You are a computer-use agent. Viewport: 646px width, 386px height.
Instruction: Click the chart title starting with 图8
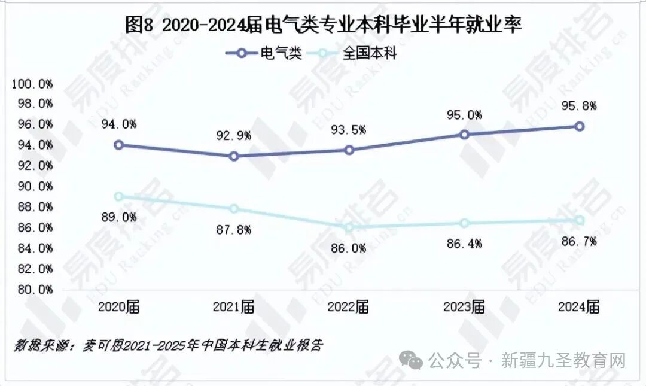pyautogui.click(x=324, y=25)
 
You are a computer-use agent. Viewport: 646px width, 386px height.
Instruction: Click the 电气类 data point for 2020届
pyautogui.click(x=119, y=145)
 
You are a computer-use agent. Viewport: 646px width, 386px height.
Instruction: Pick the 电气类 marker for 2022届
pyautogui.click(x=349, y=150)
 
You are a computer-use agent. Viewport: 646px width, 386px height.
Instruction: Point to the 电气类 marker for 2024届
pyautogui.click(x=580, y=126)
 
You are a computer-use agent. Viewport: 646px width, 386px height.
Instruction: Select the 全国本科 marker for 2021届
pyautogui.click(x=234, y=209)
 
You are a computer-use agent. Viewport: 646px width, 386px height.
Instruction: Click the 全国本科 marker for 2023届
pyautogui.click(x=464, y=223)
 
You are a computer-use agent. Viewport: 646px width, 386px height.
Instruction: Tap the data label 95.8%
pyautogui.click(x=578, y=106)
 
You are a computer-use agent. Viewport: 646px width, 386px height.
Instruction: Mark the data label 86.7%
pyautogui.click(x=578, y=241)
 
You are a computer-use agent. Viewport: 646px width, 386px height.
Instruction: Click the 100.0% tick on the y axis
pyautogui.click(x=32, y=84)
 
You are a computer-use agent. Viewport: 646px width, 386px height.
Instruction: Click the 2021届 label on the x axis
pyautogui.click(x=233, y=308)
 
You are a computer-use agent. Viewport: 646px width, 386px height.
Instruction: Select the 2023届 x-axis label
pyautogui.click(x=464, y=308)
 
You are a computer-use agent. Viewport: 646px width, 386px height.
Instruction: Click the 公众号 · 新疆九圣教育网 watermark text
pyautogui.click(x=526, y=361)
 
